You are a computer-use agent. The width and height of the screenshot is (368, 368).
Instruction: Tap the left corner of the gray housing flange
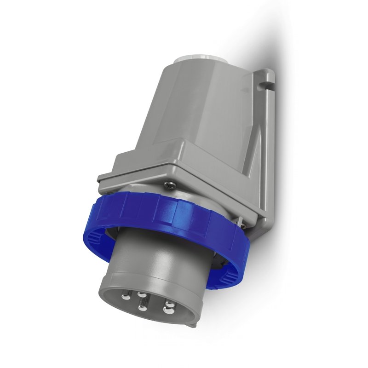[101, 179]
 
